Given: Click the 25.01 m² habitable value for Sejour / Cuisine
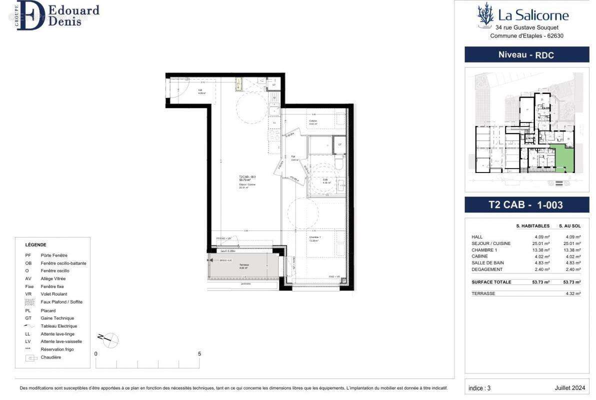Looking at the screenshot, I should (x=542, y=243).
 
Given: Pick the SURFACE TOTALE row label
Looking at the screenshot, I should (x=491, y=282).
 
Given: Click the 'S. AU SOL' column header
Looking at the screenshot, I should (x=569, y=226).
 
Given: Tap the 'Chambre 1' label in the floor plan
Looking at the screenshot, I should (x=314, y=237).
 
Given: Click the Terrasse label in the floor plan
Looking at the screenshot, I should (x=244, y=265).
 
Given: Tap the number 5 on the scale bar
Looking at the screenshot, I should (x=199, y=353).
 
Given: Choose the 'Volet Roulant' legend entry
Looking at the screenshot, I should (x=53, y=294).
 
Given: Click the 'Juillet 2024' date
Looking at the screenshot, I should (x=569, y=388).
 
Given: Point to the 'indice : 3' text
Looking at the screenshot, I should (x=479, y=388).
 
